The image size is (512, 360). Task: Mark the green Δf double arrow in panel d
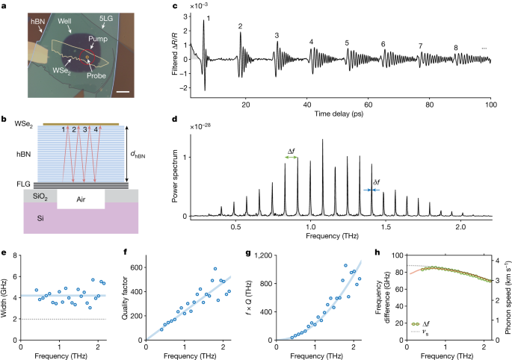pos(292,158)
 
